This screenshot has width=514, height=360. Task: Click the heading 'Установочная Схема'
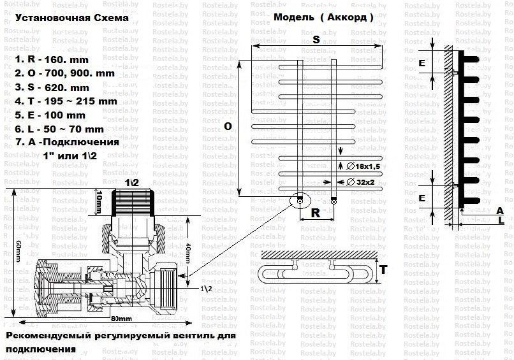pos(71,18)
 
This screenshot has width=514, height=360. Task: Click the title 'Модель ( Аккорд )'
pos(324,18)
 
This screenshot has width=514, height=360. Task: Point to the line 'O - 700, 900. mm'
pos(64,73)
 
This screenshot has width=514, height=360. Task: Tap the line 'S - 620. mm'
pos(52,87)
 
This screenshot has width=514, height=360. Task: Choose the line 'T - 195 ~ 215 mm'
pos(66,101)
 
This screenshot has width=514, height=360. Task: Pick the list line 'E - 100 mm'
pos(52,115)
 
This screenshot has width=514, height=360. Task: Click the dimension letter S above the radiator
pos(316,40)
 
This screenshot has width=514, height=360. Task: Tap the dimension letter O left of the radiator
pos(227,127)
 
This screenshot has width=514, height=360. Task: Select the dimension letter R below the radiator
pos(316,213)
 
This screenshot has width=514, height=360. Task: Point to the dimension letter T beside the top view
pos(383,270)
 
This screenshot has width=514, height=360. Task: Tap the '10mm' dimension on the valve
pos(98,202)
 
